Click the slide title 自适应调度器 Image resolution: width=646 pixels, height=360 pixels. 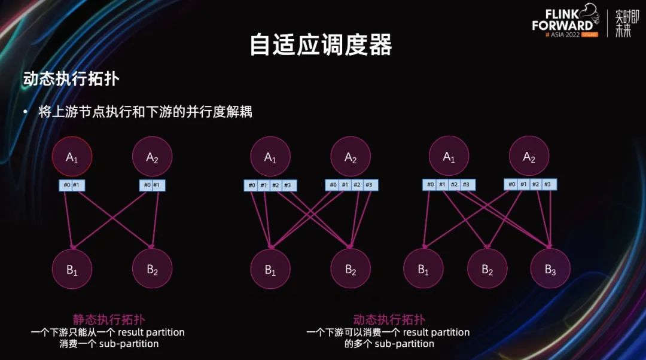[x=321, y=45]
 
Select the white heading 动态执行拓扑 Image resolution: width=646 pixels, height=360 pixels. [x=74, y=80]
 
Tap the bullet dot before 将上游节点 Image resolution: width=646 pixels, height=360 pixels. [x=25, y=112]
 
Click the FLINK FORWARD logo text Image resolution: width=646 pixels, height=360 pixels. [x=562, y=19]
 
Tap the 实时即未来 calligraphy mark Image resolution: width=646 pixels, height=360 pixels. [x=623, y=23]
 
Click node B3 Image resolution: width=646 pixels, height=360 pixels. [x=550, y=269]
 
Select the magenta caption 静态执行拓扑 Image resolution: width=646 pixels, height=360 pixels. [x=109, y=320]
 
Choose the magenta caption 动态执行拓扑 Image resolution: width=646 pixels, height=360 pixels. [x=389, y=320]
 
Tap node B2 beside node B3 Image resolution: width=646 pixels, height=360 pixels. [x=487, y=269]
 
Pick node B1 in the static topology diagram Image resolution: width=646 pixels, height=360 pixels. [x=72, y=269]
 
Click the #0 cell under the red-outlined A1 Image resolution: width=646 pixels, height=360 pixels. [x=66, y=185]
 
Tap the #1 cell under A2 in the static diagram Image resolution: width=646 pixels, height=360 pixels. [x=157, y=185]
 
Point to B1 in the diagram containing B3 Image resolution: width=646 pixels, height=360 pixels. [x=423, y=269]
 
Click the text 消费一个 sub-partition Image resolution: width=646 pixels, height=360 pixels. [x=109, y=344]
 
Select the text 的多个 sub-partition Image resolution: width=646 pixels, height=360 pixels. [x=389, y=344]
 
